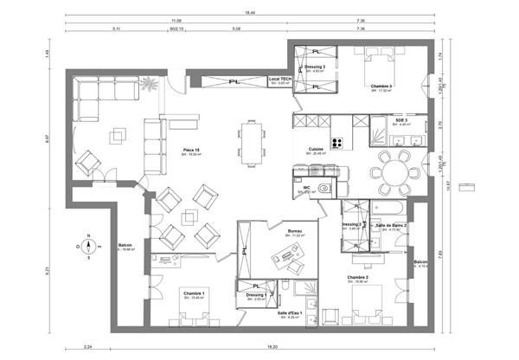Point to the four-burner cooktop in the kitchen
336,144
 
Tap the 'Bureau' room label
294,231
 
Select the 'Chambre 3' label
381,87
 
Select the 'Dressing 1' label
255,295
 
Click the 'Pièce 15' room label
191,150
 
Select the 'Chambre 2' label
358,278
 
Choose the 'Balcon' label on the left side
125,245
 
